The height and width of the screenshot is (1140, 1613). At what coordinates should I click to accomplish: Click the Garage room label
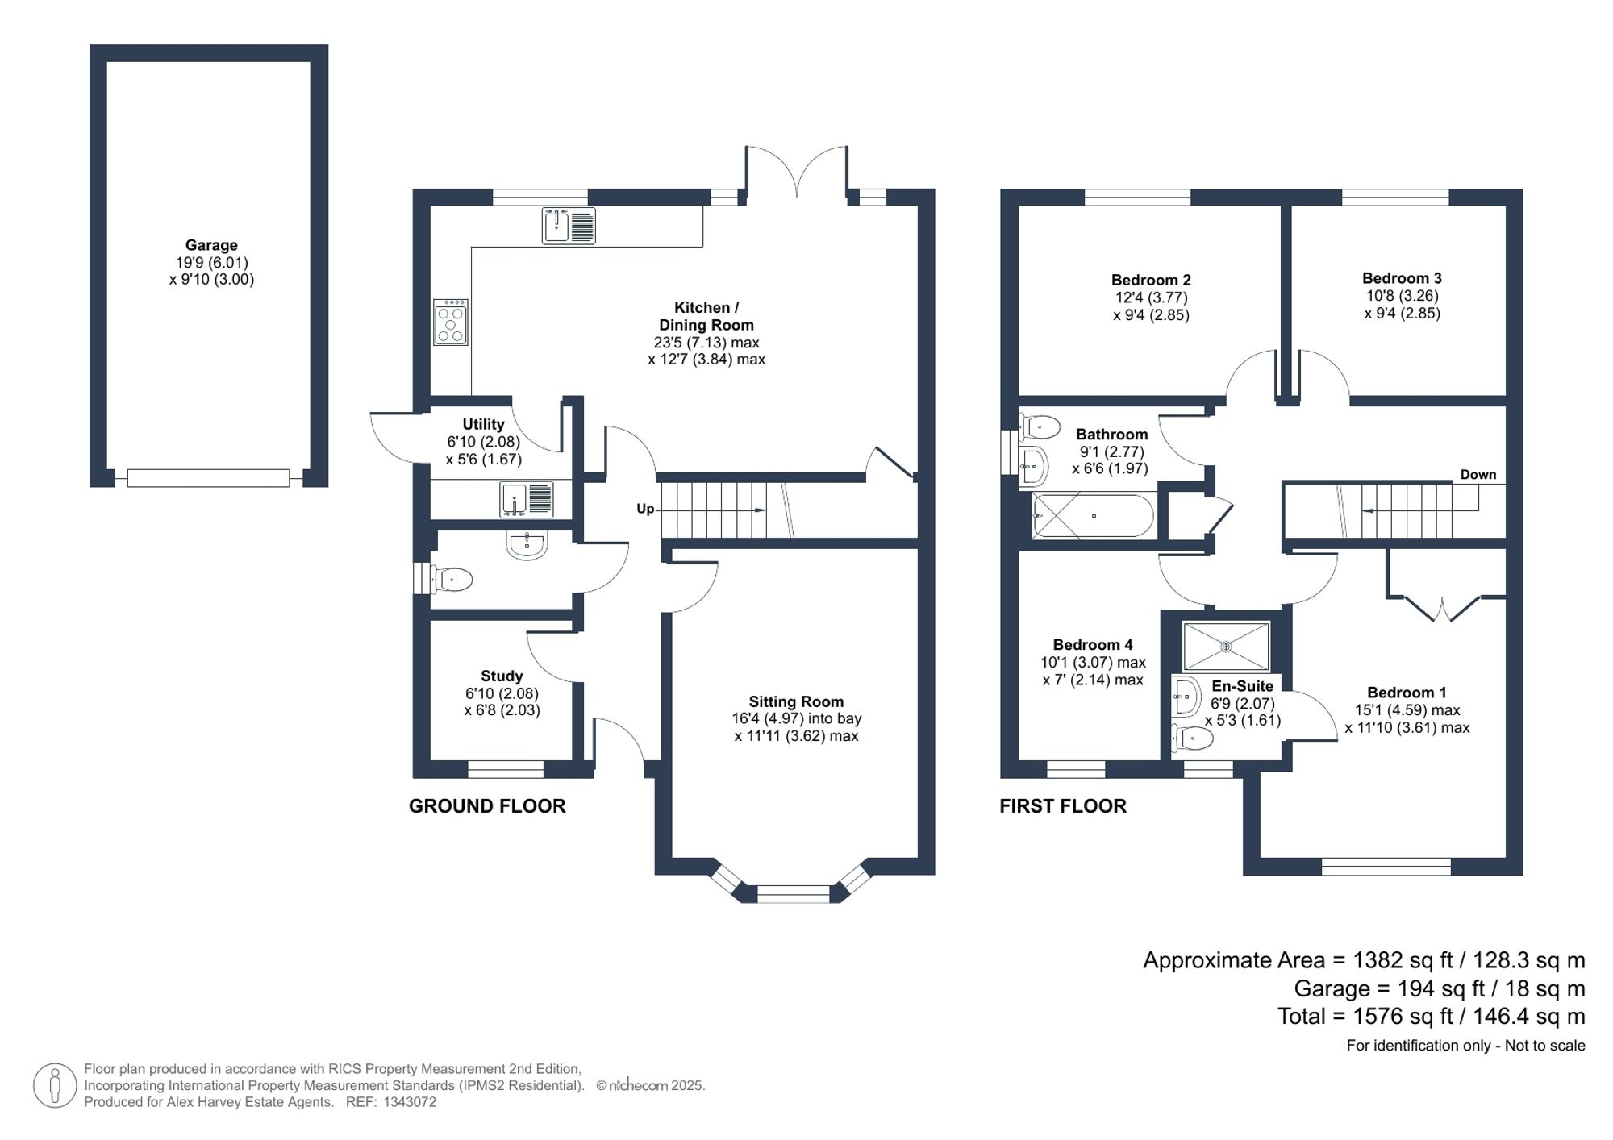[211, 245]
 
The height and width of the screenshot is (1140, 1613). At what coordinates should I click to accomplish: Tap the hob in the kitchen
[450, 322]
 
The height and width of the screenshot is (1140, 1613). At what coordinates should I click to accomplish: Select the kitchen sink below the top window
[569, 225]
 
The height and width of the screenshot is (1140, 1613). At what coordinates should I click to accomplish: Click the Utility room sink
[526, 499]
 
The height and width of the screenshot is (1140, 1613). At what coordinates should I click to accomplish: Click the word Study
[501, 676]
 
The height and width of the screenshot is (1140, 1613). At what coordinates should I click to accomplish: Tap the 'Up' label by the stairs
[645, 509]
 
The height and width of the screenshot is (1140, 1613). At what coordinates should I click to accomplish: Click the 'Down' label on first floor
[1478, 475]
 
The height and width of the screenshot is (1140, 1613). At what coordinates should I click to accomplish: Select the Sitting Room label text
[795, 701]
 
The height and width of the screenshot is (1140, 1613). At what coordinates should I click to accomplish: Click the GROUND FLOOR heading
[487, 805]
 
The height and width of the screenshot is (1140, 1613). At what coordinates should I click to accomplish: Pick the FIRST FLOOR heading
[1062, 805]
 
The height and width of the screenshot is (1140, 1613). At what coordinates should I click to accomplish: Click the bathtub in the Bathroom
[1093, 516]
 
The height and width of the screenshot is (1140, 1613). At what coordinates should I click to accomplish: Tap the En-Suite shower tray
[1226, 646]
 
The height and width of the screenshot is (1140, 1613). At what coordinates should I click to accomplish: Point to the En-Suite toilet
[1193, 737]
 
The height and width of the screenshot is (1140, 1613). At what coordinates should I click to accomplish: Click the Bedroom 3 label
[1402, 278]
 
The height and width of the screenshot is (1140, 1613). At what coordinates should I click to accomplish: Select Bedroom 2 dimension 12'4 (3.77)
[1151, 297]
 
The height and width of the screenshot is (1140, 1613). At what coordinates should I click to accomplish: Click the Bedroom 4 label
[1092, 644]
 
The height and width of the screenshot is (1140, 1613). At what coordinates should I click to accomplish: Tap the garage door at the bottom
[208, 479]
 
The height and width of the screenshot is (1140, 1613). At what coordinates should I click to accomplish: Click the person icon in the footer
[55, 1084]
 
